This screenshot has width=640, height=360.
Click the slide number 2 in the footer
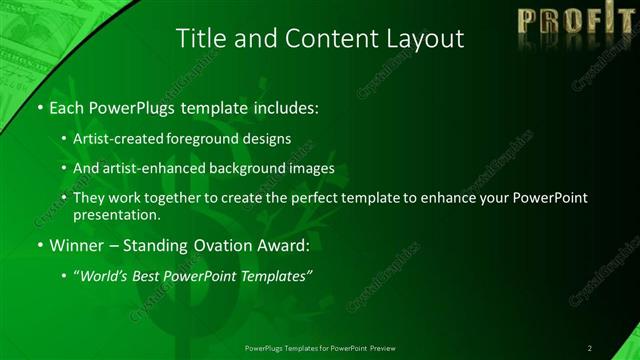coord(590,348)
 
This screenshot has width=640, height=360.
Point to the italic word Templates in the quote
coord(271,276)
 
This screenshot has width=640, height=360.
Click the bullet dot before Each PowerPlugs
coord(38,107)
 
